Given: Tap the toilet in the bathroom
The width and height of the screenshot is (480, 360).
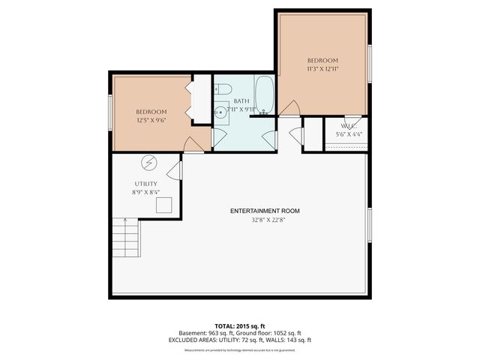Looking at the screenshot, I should (223, 91).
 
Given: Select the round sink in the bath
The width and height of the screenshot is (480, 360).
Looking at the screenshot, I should (220, 113).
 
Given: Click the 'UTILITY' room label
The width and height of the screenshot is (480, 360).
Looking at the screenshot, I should (145, 184).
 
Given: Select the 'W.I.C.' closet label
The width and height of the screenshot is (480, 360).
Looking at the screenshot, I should (348, 126).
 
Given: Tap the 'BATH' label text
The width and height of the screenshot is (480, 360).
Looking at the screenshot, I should (241, 100).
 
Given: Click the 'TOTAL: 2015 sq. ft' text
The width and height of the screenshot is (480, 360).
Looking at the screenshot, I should (239, 326).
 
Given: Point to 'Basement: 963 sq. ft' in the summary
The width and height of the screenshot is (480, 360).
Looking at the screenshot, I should (205, 333).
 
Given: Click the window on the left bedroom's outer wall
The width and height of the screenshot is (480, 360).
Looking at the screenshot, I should (111, 112).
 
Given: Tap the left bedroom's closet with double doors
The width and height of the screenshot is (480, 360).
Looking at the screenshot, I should (202, 99).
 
